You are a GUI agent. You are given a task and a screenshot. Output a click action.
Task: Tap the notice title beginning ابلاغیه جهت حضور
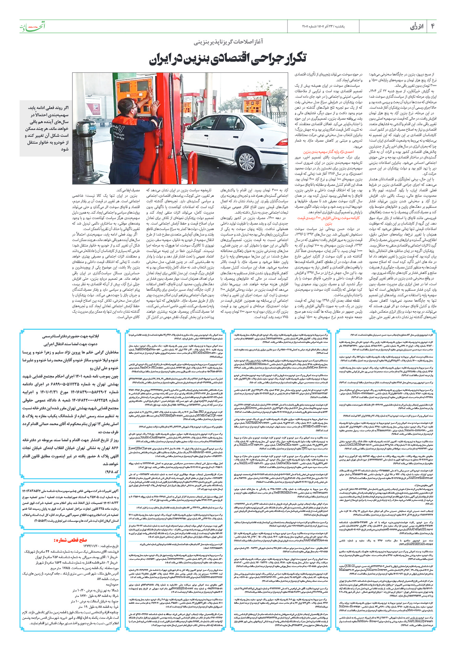point(70,336)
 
